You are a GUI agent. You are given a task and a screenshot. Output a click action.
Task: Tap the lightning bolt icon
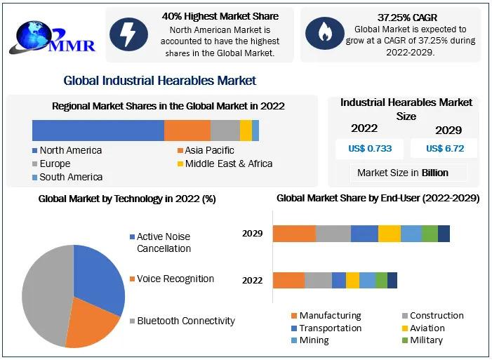click(128, 34)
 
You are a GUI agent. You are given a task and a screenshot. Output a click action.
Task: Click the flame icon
click(324, 34)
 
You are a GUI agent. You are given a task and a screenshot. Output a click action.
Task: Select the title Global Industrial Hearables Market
click(159, 81)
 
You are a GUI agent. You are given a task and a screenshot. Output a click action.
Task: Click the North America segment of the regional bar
click(98, 131)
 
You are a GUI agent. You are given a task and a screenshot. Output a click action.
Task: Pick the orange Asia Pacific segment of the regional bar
click(187, 131)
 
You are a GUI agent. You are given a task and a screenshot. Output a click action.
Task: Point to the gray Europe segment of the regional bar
click(225, 131)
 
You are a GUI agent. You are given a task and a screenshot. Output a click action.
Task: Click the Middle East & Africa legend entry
click(224, 164)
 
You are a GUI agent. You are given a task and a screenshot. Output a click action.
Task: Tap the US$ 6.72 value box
click(444, 149)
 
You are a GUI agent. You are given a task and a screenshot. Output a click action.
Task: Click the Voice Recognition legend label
click(175, 279)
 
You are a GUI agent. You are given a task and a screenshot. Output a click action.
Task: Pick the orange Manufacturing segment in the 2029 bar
click(294, 234)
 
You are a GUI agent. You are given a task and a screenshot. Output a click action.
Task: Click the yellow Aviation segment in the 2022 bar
click(352, 280)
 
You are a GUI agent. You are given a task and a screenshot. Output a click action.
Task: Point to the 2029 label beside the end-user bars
click(253, 233)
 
